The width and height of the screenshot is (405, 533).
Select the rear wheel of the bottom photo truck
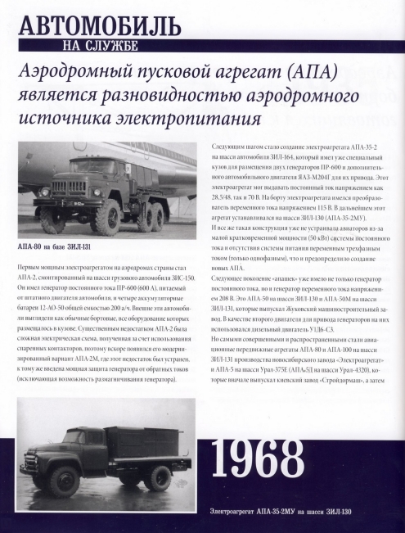pyautogui.click(x=158, y=475)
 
